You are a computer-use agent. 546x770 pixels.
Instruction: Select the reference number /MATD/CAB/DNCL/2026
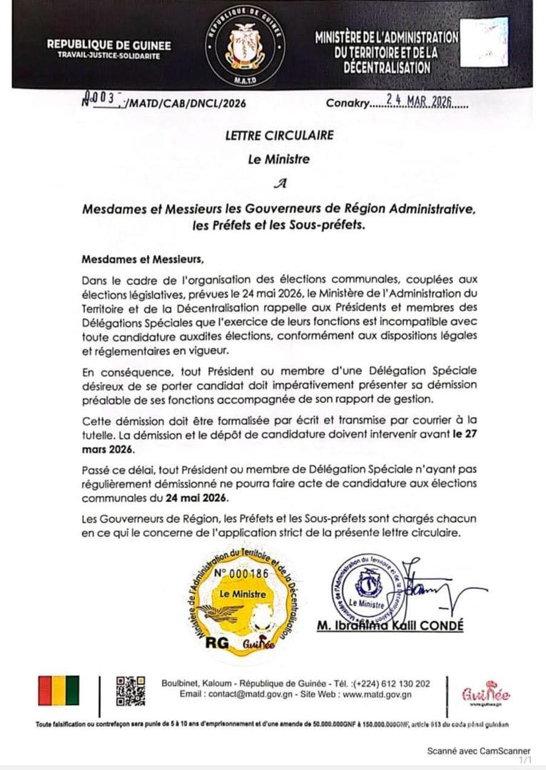[x=186, y=103]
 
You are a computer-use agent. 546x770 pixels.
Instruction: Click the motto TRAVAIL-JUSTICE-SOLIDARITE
[x=109, y=56]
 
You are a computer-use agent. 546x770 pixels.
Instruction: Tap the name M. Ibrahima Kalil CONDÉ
[x=390, y=625]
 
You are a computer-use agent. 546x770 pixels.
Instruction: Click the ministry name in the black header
[x=387, y=52]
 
